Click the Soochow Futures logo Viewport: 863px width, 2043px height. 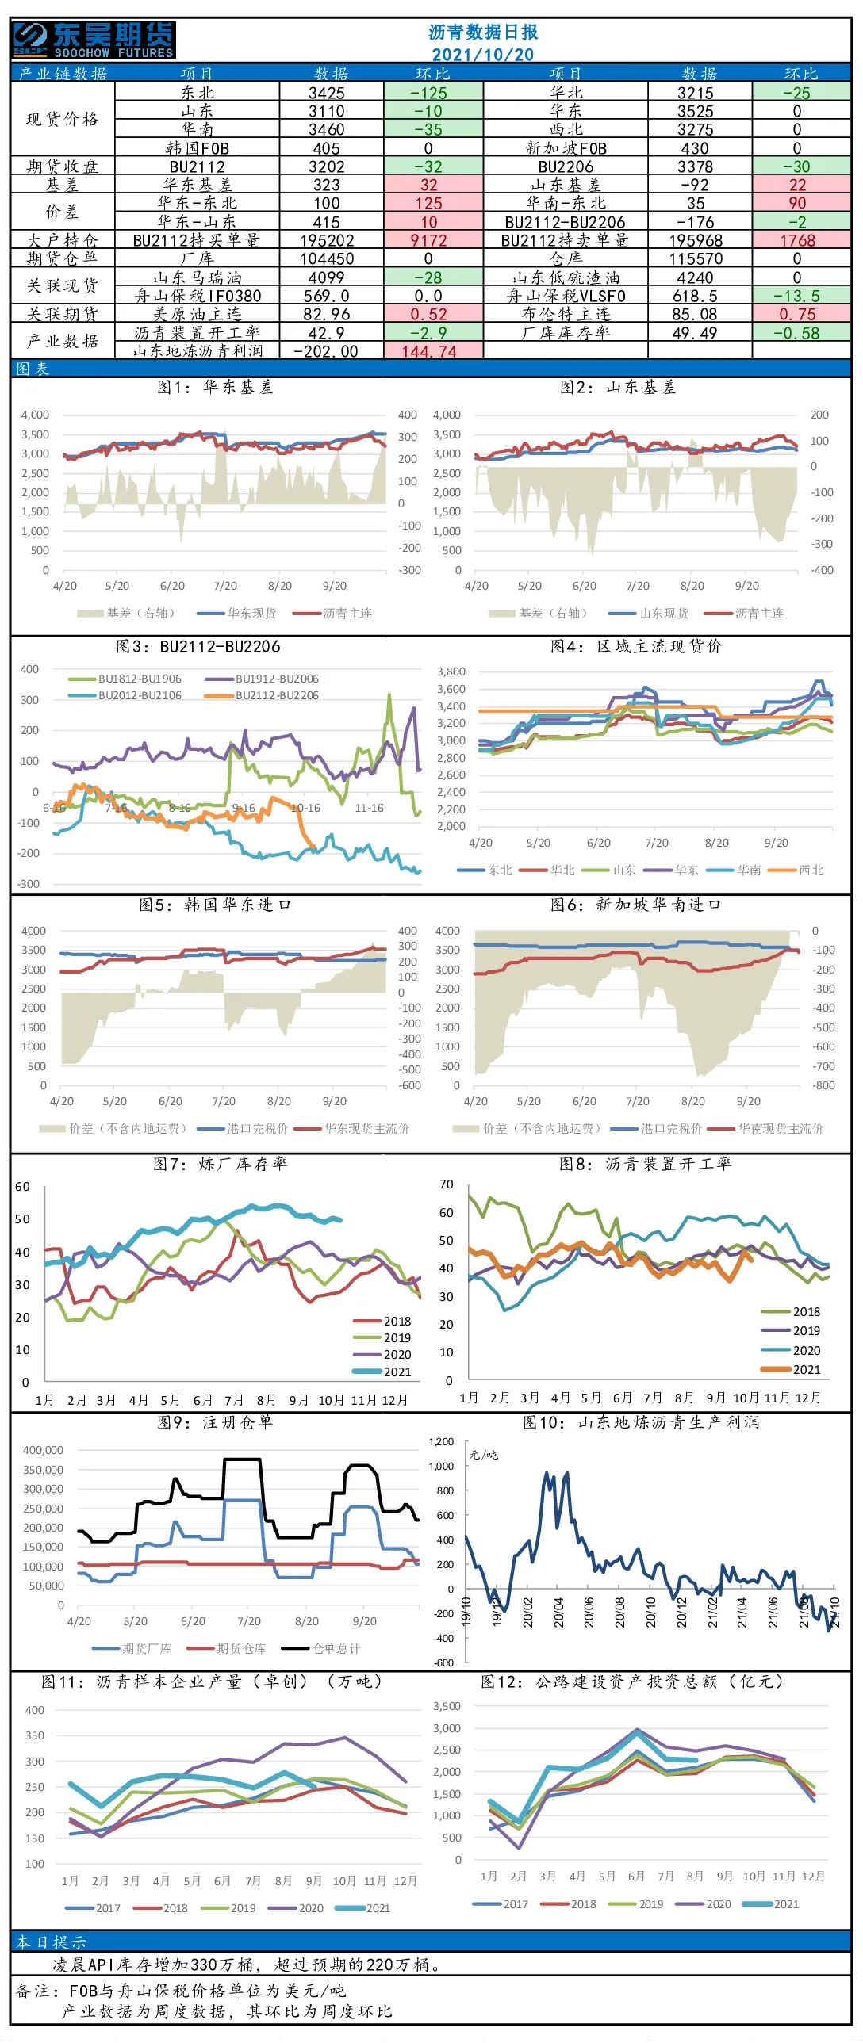(94, 40)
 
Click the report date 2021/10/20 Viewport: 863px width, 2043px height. (482, 55)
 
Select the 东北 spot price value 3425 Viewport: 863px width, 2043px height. (327, 93)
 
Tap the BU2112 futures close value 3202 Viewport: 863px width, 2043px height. (327, 166)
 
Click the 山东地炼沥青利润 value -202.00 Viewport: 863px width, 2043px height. (326, 351)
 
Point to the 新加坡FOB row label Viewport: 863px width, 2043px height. (566, 148)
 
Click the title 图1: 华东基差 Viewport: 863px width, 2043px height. (215, 387)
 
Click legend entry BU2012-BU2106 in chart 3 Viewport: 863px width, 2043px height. (125, 695)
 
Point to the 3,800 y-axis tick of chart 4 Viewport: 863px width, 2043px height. (451, 671)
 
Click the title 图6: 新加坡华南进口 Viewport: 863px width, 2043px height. (636, 905)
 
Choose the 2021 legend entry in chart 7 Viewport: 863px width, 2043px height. (382, 1372)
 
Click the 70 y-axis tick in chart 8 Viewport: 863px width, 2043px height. (447, 1184)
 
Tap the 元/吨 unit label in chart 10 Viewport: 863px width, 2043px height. (483, 1455)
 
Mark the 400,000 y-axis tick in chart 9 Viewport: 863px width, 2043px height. (44, 1450)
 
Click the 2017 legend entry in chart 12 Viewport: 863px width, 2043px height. (501, 1904)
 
